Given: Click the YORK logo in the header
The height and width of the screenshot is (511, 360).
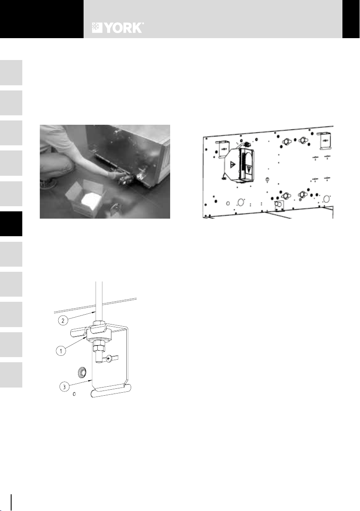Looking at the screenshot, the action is pyautogui.click(x=117, y=28).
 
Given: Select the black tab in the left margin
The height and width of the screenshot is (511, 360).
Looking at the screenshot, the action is pyautogui.click(x=11, y=224).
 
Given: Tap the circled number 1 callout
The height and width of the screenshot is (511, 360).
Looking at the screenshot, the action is pyautogui.click(x=60, y=352).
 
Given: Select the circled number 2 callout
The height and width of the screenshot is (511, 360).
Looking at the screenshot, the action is pyautogui.click(x=63, y=320).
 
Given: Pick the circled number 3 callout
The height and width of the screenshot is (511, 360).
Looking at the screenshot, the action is pyautogui.click(x=65, y=387).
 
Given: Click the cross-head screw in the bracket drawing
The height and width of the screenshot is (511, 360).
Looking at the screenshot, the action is pyautogui.click(x=108, y=358).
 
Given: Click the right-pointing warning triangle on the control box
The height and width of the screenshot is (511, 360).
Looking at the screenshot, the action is pyautogui.click(x=233, y=165).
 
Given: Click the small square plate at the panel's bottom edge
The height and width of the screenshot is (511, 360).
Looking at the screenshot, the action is pyautogui.click(x=279, y=206).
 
